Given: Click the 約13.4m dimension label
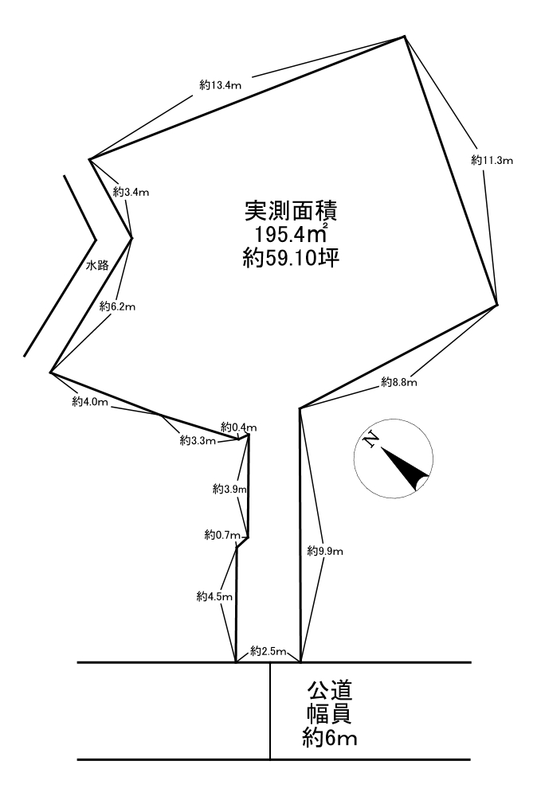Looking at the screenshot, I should point(221,84).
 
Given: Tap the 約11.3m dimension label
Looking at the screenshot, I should point(492,160).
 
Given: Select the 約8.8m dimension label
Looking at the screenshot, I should point(399,383).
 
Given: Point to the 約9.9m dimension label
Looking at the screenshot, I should point(325,550).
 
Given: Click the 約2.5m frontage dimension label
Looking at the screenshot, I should point(268,652).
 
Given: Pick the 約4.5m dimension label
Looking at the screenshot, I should point(214,595).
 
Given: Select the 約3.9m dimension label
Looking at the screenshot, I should point(229,489).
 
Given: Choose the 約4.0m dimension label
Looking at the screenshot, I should point(89,402).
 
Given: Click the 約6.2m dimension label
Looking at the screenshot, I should point(118,306).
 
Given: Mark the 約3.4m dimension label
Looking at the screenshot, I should point(131,192).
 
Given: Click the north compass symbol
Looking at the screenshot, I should point(393,458).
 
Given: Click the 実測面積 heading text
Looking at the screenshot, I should point(291,210).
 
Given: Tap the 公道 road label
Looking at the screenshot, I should point(328,688).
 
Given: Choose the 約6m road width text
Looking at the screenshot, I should point(329,739).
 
